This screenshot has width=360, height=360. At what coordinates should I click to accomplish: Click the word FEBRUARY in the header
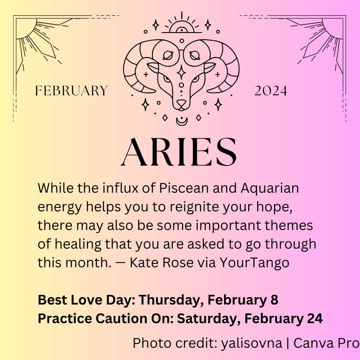coord(71,91)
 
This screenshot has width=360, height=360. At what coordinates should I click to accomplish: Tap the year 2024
coord(271,91)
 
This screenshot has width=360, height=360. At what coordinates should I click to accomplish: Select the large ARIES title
coord(179,152)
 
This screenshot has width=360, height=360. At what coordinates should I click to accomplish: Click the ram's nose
coord(181,103)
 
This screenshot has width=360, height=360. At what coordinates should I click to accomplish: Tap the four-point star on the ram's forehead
coord(181,72)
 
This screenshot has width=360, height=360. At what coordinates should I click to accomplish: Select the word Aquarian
coord(270,188)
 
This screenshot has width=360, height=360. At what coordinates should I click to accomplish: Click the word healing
coord(78,244)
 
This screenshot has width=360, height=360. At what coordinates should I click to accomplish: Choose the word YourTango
coord(254,263)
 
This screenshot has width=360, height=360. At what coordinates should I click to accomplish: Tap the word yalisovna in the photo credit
coord(252,343)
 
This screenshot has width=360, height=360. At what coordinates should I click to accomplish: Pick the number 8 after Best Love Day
coord(274,300)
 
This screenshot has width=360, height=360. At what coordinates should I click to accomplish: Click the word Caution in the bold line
coord(122,318)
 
